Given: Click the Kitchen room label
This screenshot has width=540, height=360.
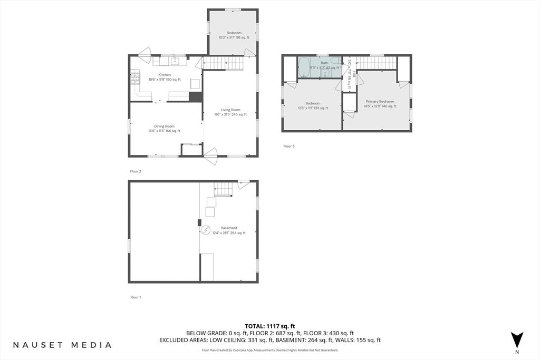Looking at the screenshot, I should [164, 75].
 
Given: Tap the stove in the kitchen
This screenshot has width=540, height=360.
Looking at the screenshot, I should [135, 79].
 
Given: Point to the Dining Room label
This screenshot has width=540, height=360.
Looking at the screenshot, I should [164, 127].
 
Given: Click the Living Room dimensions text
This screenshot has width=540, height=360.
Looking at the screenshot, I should [230, 114].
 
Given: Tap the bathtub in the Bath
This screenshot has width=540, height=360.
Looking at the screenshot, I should [304, 67].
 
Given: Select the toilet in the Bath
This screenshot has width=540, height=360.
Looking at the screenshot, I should [335, 67].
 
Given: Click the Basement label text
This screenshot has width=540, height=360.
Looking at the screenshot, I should [229, 228].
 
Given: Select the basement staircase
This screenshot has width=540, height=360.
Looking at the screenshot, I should [223, 189].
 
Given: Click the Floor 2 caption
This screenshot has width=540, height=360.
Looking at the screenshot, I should [136, 171].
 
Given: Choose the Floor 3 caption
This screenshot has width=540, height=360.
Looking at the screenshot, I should [288, 146].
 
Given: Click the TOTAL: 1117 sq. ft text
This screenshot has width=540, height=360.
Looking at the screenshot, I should [269, 326].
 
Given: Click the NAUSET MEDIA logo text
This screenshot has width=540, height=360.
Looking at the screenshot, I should [62, 345].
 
